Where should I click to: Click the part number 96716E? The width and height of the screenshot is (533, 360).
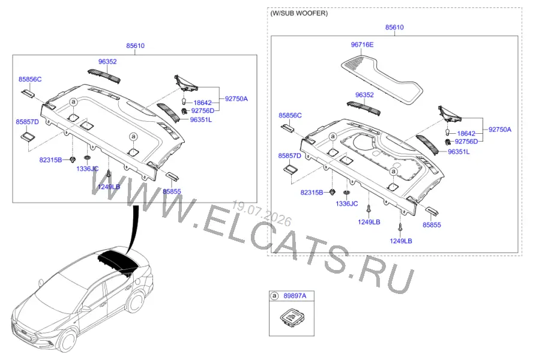tap(362, 44)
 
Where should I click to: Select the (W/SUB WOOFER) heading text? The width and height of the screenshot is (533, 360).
tap(299, 13)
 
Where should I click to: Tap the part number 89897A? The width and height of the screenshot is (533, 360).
tap(295, 296)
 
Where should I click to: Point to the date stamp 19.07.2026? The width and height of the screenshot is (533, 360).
tap(262, 214)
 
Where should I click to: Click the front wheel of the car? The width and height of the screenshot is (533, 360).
tap(67, 340)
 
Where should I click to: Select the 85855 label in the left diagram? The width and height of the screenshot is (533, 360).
tap(172, 191)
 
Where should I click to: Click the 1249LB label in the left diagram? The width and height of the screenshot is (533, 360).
tap(109, 187)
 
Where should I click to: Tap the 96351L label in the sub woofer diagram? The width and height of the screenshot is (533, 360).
tap(459, 152)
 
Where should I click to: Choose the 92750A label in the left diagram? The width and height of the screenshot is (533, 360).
tap(236, 98)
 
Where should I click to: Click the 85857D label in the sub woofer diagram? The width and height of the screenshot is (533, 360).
tap(290, 155)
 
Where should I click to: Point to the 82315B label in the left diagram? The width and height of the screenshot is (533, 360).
tap(50, 160)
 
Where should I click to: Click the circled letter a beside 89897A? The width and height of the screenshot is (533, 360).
tap(274, 296)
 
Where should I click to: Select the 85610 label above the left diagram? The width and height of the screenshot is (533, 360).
tap(135, 46)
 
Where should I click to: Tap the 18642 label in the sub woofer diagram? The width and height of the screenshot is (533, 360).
tap(466, 134)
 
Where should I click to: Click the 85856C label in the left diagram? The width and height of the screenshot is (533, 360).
tap(30, 79)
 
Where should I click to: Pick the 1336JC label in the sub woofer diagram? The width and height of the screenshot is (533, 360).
tap(347, 203)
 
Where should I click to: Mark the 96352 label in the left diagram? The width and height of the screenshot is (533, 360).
tap(107, 62)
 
